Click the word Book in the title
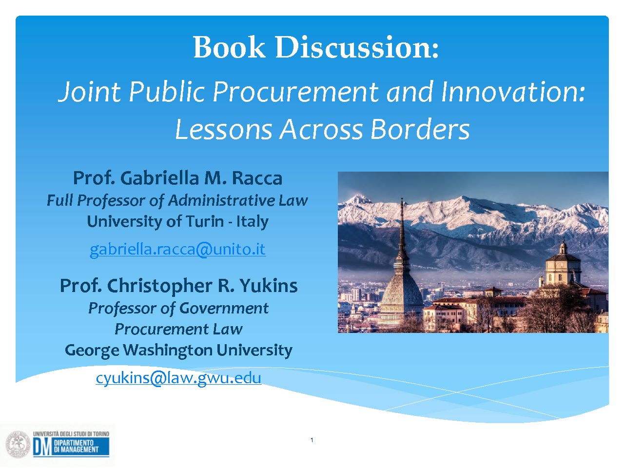(229, 47)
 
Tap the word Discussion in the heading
(357, 47)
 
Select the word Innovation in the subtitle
(512, 92)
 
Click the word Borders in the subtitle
(420, 129)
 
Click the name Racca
(257, 178)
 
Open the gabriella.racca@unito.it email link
(177, 250)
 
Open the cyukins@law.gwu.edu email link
(178, 378)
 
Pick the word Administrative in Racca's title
(222, 200)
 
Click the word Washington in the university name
(168, 351)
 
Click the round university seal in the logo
(18, 444)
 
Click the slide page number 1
(312, 440)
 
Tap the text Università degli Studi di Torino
(71, 433)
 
